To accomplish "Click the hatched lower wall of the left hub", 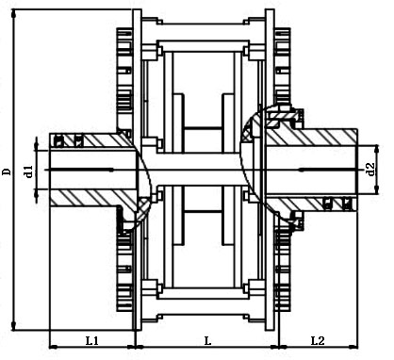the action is pyautogui.click(x=90, y=199).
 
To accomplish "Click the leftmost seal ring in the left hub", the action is pyautogui.click(x=57, y=141).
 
